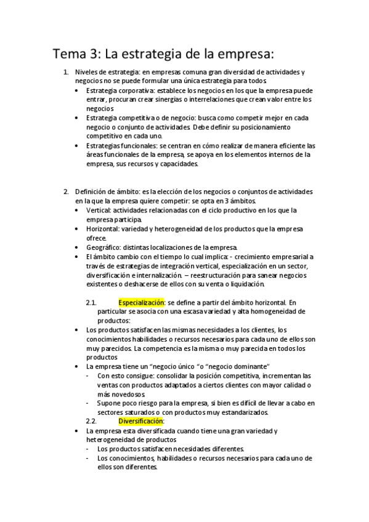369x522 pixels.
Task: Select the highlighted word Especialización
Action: point(142,303)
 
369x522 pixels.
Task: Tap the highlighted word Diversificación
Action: point(141,421)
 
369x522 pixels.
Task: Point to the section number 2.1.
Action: point(91,303)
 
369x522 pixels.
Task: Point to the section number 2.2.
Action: point(91,421)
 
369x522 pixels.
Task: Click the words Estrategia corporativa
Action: point(112,90)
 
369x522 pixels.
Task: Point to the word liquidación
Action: point(246,284)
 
